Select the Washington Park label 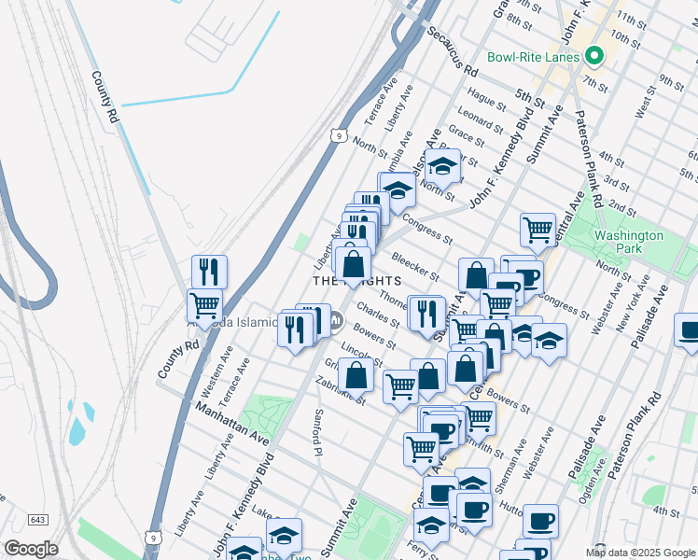pos(628,243)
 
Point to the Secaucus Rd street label pos(453,50)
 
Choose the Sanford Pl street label pos(318,425)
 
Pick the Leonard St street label pos(481,119)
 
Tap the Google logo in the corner pos(31,549)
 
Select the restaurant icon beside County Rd pos(209,272)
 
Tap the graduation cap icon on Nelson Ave pos(443,165)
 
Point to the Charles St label pos(378,322)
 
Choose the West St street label pos(643,105)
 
